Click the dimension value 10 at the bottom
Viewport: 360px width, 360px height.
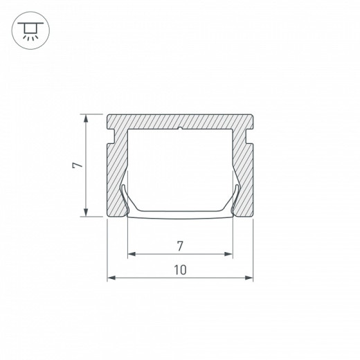point(180,270)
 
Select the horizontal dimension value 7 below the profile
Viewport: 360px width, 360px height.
point(180,246)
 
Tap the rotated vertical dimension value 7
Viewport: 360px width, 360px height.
point(78,165)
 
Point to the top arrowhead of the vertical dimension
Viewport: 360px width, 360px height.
point(86,118)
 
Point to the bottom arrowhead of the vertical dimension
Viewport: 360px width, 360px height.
point(86,213)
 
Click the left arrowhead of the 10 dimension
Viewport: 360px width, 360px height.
point(111,278)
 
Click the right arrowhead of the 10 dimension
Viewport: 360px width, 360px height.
point(249,278)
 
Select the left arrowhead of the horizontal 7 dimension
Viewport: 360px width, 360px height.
point(132,254)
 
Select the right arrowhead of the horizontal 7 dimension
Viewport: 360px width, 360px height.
point(228,254)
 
